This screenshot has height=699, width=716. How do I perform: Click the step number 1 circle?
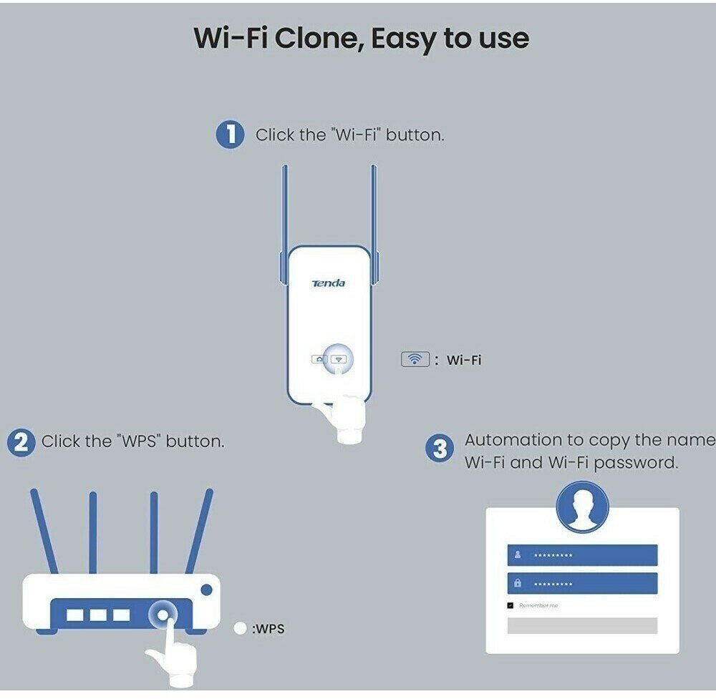pos(230,134)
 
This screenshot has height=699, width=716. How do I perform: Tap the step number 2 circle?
pos(21,441)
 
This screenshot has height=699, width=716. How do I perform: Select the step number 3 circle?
pos(440,449)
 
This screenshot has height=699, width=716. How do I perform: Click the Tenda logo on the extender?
pos(328,283)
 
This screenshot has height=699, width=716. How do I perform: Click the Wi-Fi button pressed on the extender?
pos(339,358)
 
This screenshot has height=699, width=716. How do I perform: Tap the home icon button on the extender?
pos(319,358)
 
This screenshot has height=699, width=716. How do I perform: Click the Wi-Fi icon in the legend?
pos(415,359)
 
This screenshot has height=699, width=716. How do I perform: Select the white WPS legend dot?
pos(240,629)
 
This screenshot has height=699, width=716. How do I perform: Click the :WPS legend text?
pos(268,630)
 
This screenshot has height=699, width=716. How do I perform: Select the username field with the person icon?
pos(582,554)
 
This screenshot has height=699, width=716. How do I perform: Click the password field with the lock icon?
pos(582,583)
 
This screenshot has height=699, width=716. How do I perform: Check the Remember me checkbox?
pos(511,605)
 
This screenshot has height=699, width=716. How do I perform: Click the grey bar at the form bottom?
pos(582,625)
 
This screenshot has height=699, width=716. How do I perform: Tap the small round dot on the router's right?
pos(207,590)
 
